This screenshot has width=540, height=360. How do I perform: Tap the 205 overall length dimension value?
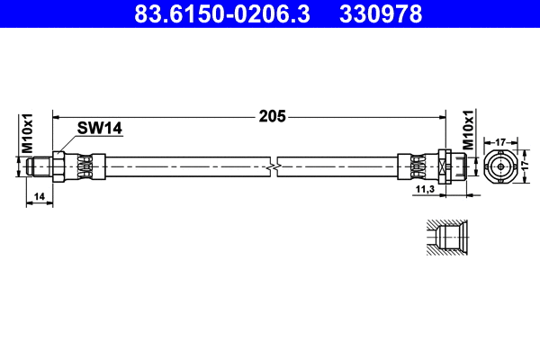[272, 115]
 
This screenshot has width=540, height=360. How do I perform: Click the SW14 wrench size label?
[99, 129]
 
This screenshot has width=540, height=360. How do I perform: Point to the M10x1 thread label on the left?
[27, 132]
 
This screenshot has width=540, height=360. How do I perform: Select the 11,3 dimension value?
[426, 191]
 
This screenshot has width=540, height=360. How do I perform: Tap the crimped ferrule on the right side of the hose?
[417, 166]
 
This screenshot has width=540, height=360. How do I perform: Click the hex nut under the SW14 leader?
[58, 166]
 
